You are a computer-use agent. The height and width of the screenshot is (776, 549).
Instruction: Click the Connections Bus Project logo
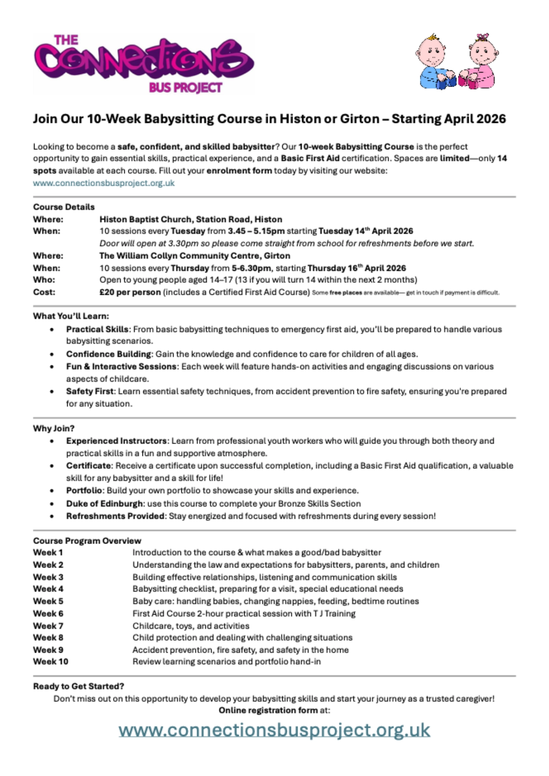[x=144, y=64]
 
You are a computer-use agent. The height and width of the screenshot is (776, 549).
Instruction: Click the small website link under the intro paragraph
[x=104, y=183]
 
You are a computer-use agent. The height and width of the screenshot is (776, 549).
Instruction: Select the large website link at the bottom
[x=274, y=730]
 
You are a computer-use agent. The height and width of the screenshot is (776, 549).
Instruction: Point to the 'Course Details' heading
[x=64, y=207]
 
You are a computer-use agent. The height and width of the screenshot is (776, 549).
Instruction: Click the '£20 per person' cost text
[x=130, y=292]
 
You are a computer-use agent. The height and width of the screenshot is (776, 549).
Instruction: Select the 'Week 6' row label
[x=48, y=613]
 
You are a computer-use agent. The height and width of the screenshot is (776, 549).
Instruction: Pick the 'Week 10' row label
[x=50, y=662]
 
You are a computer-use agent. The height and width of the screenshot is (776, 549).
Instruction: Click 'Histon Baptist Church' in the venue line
[x=146, y=219]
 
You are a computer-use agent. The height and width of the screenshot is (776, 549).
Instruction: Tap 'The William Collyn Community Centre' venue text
[x=180, y=256]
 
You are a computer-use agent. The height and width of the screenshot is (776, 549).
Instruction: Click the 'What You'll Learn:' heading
[x=71, y=316]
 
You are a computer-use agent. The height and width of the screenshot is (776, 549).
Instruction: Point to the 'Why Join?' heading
[x=54, y=428]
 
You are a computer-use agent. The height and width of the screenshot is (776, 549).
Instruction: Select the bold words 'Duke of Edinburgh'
[x=104, y=504]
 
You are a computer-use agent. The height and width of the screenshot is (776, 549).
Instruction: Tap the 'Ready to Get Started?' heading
[x=78, y=686]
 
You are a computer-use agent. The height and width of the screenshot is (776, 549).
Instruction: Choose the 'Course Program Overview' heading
[x=87, y=540]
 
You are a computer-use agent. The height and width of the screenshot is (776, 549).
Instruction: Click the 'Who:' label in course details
[x=44, y=280]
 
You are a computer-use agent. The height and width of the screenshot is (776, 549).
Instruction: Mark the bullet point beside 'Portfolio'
[x=52, y=491]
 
